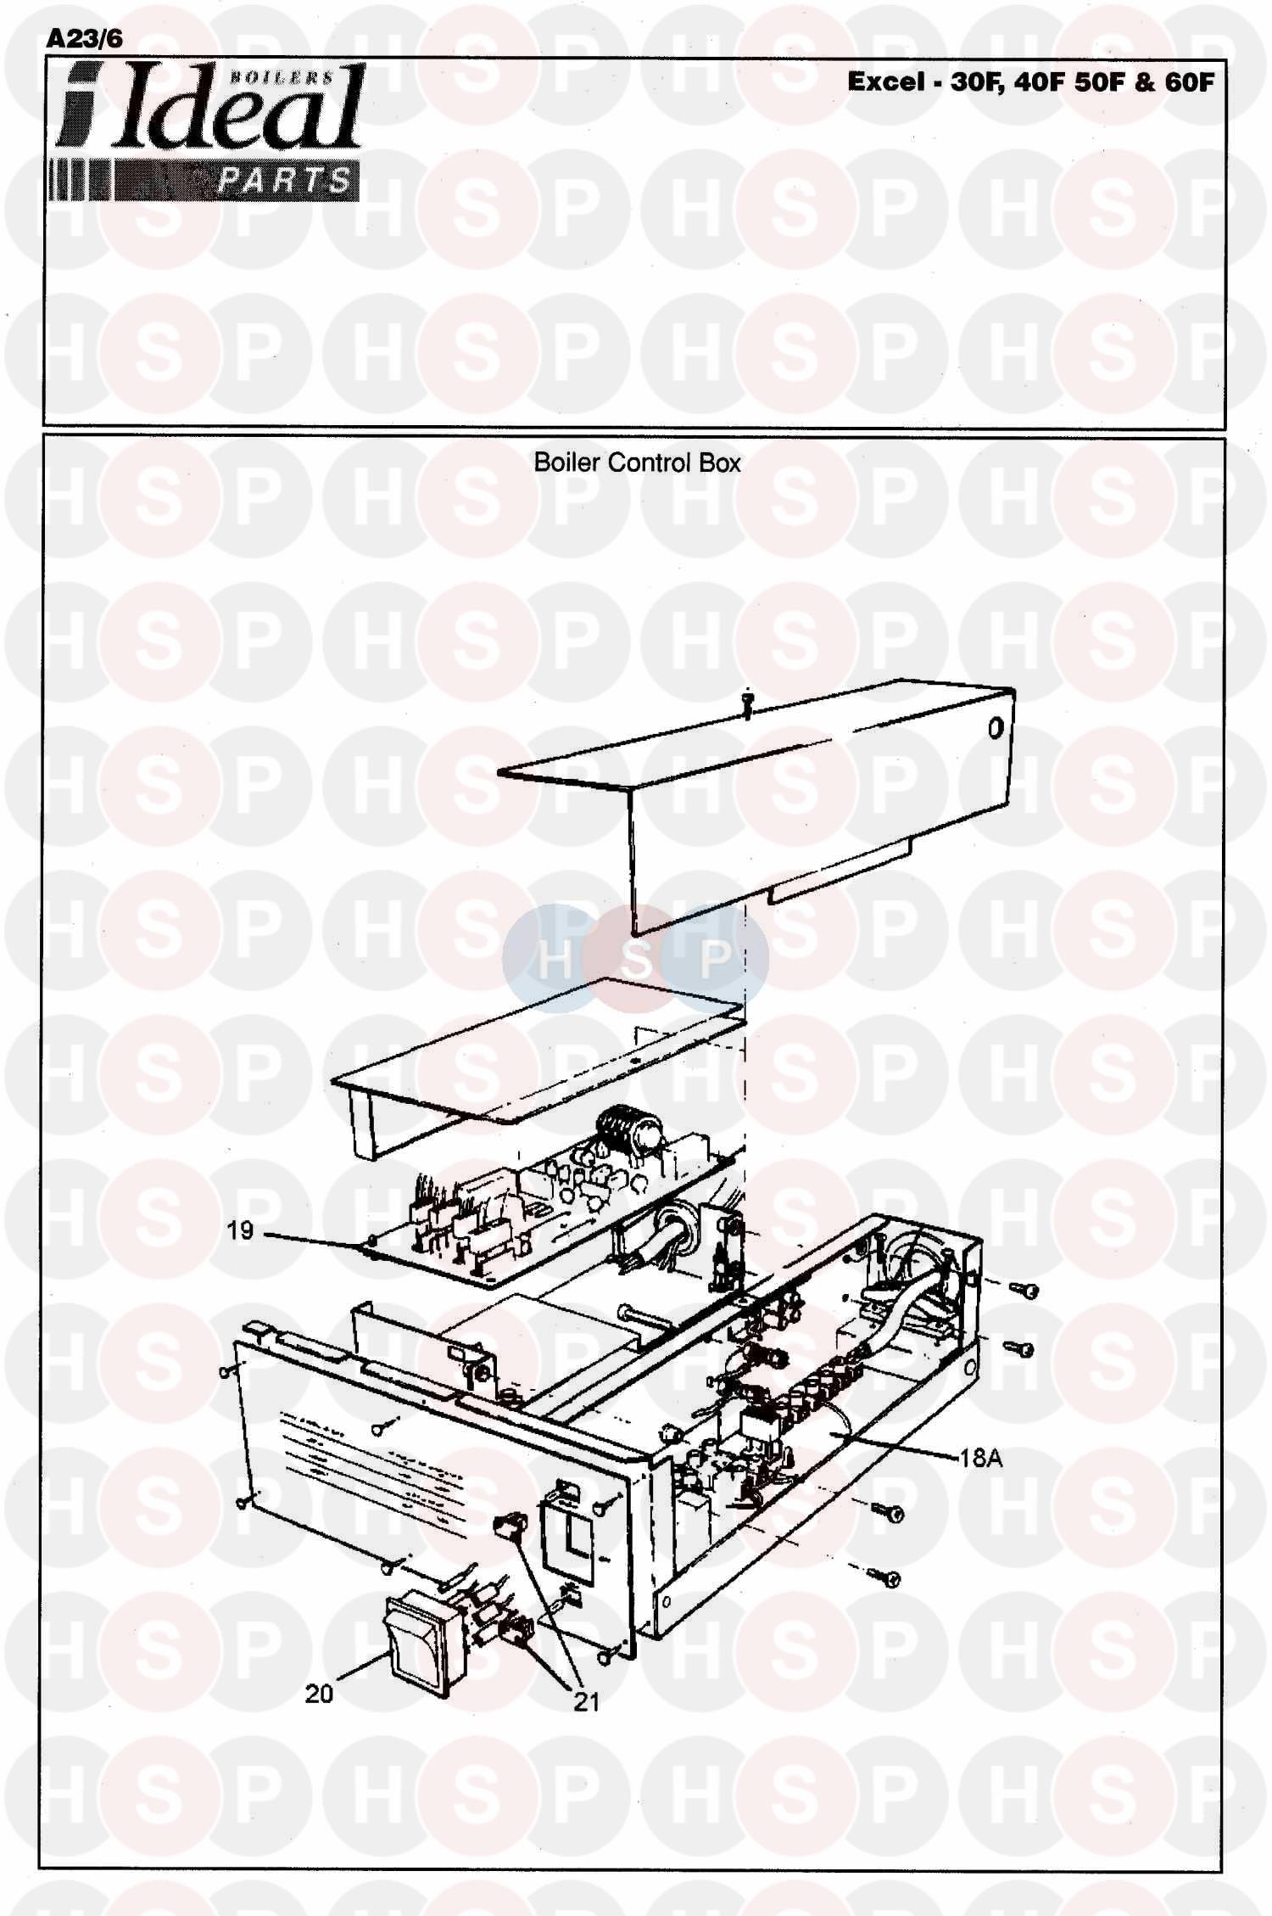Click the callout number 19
240,1231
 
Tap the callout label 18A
981,1458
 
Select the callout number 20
320,1694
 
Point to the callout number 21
586,1701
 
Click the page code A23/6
85,39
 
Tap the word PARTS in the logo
284,181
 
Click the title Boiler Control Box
637,463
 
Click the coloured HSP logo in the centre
635,958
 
